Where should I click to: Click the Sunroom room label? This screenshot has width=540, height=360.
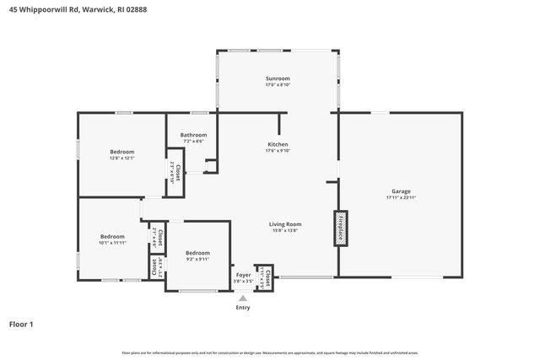tap(278, 78)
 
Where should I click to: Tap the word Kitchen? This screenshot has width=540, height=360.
tap(278, 144)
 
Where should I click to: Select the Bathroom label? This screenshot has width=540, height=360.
tap(192, 135)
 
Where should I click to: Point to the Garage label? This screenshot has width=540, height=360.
tap(401, 191)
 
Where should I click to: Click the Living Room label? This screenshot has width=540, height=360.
tap(285, 223)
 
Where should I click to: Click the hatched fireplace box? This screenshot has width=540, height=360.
tap(340, 228)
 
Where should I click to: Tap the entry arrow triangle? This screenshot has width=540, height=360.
tap(243, 298)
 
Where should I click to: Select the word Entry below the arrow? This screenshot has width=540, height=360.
tap(243, 308)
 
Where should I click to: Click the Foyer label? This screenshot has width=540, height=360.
tap(243, 275)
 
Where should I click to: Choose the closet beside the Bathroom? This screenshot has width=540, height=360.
tap(175, 173)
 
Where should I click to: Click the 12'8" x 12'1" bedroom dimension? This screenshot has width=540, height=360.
tap(121, 159)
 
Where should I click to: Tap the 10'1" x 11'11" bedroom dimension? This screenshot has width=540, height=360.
tap(112, 242)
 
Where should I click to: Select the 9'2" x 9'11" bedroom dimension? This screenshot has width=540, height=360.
tap(197, 259)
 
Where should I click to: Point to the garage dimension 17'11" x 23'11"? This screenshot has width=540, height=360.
tap(401, 197)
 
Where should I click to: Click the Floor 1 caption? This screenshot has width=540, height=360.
tap(21, 324)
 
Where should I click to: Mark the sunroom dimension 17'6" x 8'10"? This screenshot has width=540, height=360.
tap(278, 84)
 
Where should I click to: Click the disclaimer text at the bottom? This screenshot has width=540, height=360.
tap(270, 352)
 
